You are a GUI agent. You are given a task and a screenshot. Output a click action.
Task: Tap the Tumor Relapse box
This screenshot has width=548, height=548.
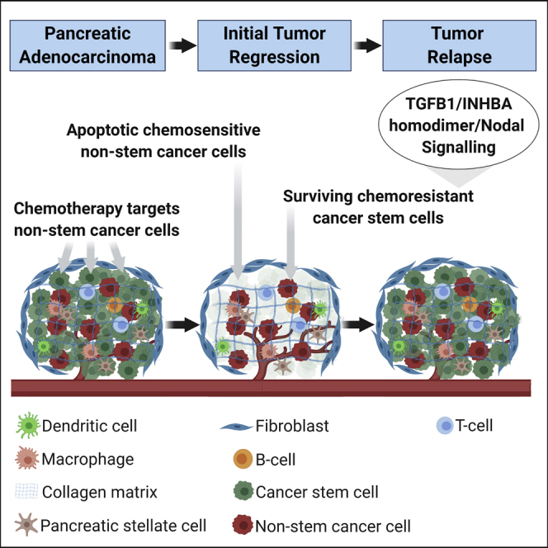point(462,45)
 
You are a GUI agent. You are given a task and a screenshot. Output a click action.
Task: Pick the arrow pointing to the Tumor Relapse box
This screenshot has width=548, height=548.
point(369,45)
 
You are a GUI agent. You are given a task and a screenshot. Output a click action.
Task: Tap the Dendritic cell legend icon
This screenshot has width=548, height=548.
point(28,427)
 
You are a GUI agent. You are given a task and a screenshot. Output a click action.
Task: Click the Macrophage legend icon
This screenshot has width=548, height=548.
point(28,459)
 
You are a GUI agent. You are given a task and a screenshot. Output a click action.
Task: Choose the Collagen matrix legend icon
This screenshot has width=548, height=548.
point(28,492)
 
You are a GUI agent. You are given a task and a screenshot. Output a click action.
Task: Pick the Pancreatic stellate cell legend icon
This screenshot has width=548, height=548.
point(28,525)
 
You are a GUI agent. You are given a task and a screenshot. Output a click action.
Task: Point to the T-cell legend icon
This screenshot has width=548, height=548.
point(446,427)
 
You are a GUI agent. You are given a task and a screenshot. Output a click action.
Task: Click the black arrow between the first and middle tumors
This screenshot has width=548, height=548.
point(183,324)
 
